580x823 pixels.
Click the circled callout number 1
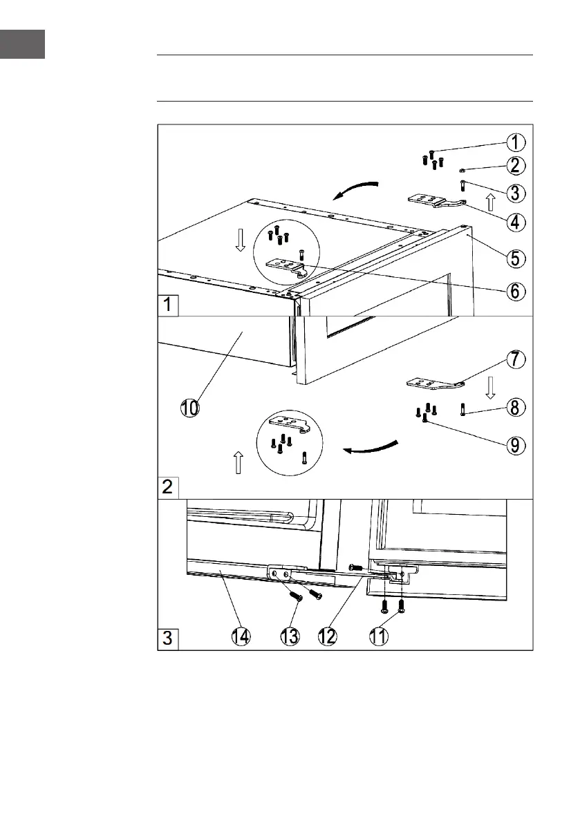point(515,142)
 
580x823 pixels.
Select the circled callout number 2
point(515,165)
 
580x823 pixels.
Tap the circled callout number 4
point(515,223)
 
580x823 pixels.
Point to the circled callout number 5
point(515,258)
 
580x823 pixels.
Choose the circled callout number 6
point(515,292)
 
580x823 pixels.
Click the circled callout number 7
point(515,359)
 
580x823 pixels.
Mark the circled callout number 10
point(190,408)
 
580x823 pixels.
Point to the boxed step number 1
point(168,305)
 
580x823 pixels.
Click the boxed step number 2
point(168,486)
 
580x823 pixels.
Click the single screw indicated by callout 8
point(462,410)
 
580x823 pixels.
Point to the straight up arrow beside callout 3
point(490,202)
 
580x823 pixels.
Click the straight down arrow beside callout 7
point(490,388)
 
